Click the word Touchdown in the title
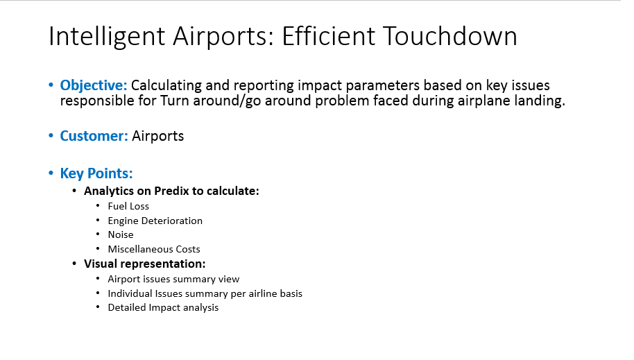(449, 36)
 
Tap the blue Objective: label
(94, 85)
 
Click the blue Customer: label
(94, 136)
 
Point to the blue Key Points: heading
(96, 173)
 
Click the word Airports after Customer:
(157, 137)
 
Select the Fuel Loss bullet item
(128, 206)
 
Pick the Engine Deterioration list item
(155, 221)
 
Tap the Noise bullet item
(121, 234)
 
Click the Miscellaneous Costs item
(154, 249)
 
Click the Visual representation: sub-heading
(145, 264)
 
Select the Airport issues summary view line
(173, 279)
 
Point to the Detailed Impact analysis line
(163, 308)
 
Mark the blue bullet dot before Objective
(51, 85)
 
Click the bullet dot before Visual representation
(74, 264)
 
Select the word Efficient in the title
(329, 36)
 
